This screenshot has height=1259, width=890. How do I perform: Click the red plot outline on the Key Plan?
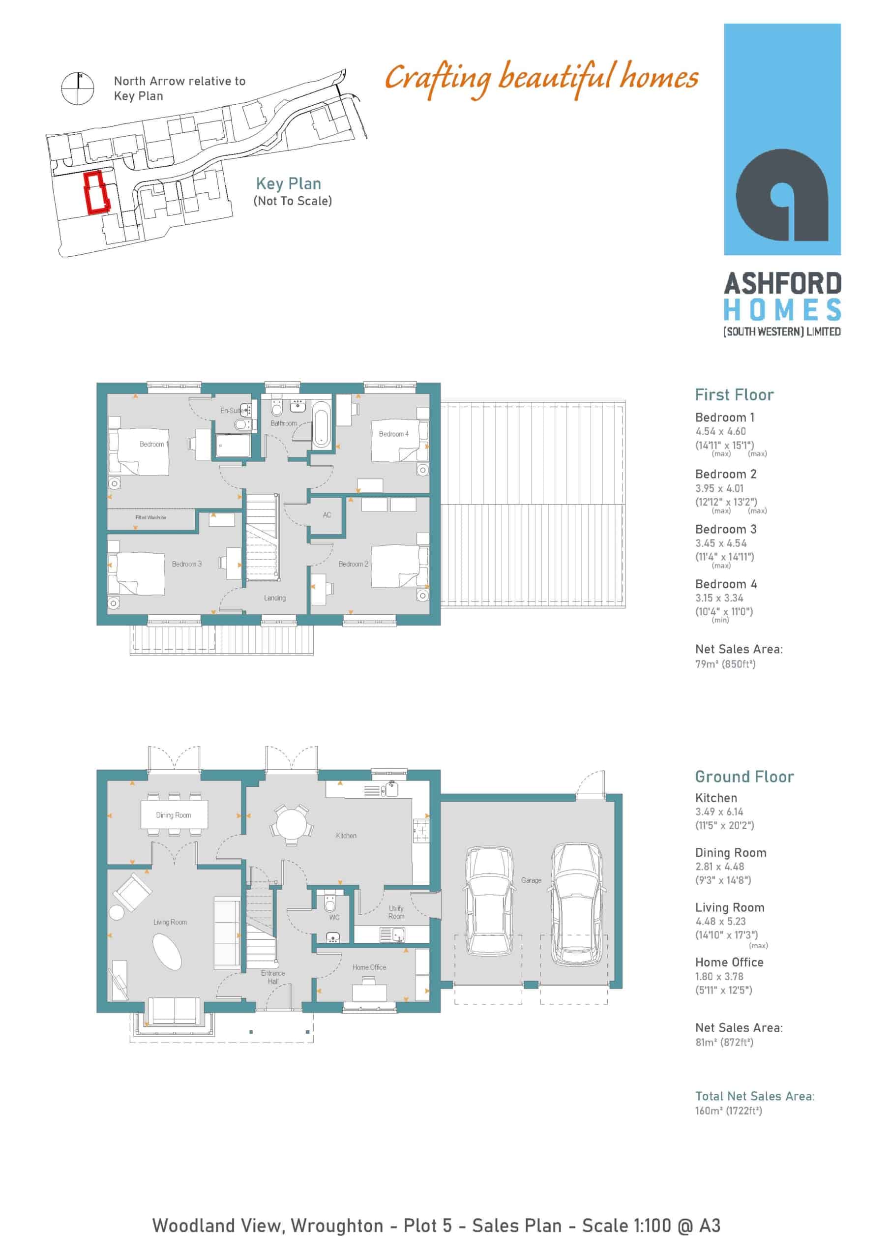click(87, 192)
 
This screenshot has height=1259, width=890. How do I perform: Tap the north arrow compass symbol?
click(78, 89)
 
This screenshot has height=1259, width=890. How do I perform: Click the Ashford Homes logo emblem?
click(781, 194)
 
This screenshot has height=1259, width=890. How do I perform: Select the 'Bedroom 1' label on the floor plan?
click(153, 444)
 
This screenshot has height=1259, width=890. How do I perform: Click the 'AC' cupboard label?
click(327, 515)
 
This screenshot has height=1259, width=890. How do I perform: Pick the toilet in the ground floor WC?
click(330, 902)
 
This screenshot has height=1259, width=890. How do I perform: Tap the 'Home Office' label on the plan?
click(369, 967)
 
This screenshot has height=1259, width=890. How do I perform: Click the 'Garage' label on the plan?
click(531, 880)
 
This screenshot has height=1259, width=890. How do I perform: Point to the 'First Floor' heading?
click(734, 395)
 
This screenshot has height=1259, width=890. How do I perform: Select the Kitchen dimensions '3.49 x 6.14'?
click(719, 811)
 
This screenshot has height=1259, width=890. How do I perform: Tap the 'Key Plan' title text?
click(289, 184)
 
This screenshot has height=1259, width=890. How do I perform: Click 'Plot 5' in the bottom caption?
click(428, 1226)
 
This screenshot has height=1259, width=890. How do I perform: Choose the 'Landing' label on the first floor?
click(275, 598)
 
